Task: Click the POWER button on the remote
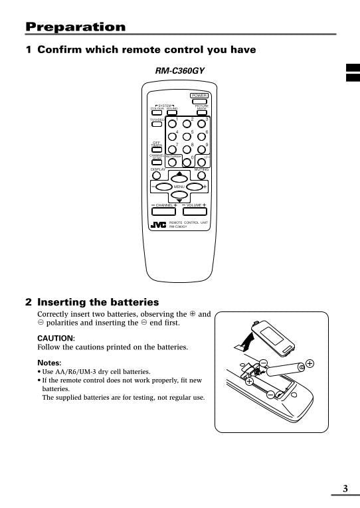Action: click(199, 102)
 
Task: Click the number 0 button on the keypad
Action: click(187, 161)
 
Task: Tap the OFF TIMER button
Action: click(157, 148)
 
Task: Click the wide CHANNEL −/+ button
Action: click(165, 212)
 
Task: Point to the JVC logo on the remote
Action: click(158, 224)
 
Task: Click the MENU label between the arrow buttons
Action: click(179, 187)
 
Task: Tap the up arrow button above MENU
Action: click(179, 176)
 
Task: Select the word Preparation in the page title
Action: click(75, 27)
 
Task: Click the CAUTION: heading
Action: click(56, 337)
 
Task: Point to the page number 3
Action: click(345, 489)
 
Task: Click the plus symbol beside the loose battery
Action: click(310, 363)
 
